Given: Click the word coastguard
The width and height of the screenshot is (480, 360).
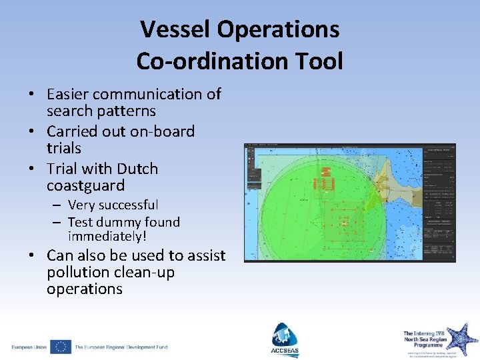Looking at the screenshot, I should [x=85, y=185].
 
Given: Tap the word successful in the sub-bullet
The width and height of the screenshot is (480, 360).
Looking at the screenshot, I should [x=127, y=205].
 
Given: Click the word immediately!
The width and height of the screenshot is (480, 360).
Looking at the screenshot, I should [x=107, y=237].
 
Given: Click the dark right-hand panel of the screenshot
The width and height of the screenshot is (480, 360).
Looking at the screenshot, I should [x=439, y=200].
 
